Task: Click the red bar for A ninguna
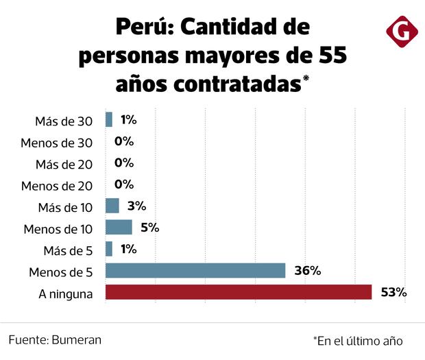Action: (238, 293)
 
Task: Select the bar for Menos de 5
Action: (195, 271)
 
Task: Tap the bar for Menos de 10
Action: (118, 228)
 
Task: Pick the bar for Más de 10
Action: (112, 206)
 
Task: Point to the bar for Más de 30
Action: (108, 120)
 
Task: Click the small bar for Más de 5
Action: (108, 249)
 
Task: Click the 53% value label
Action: (394, 293)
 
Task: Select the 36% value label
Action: (307, 271)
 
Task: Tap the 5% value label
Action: (149, 228)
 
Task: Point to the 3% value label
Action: (136, 206)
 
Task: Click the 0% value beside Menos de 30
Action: (124, 142)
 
